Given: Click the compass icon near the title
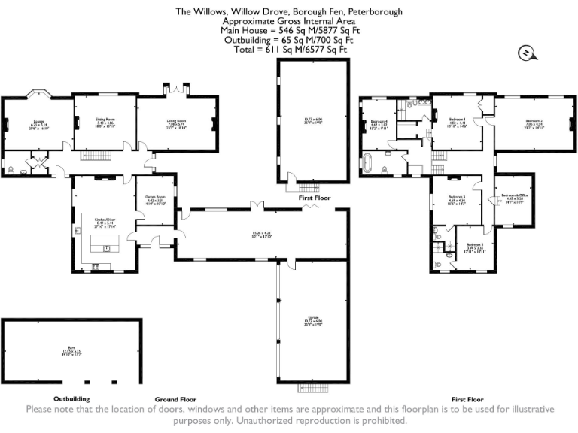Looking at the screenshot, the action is click(x=525, y=52).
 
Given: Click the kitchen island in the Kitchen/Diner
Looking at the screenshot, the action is click(x=105, y=244).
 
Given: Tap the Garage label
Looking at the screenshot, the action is click(x=313, y=317).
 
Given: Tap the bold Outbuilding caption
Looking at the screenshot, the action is click(x=71, y=398).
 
